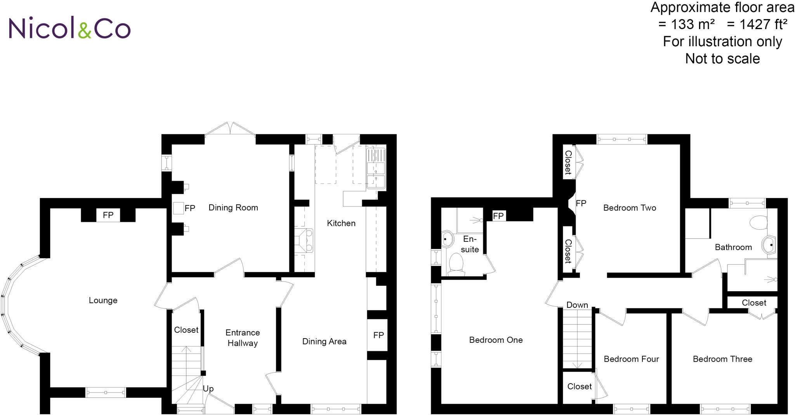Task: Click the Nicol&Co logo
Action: click(x=69, y=28)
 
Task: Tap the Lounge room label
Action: click(x=103, y=300)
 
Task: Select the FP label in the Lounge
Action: click(x=108, y=215)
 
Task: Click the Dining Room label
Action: click(x=233, y=208)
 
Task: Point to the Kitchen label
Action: click(x=341, y=223)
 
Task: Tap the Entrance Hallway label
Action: click(x=243, y=338)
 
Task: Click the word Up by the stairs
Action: click(x=208, y=389)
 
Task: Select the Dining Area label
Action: click(x=324, y=342)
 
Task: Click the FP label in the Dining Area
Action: click(x=378, y=335)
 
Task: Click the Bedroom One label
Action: click(x=496, y=340)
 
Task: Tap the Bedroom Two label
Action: click(x=629, y=208)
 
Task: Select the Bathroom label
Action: click(x=733, y=247)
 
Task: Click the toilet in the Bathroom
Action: click(x=759, y=223)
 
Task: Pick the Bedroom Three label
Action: click(x=722, y=359)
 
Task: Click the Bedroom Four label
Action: click(x=631, y=359)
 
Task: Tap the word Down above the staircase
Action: click(x=577, y=305)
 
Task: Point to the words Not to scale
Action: click(x=722, y=59)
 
